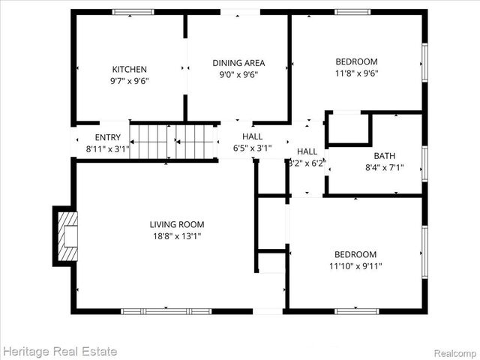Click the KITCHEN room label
click(x=130, y=69)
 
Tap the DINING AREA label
click(x=238, y=63)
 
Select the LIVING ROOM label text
click(x=177, y=224)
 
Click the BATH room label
click(x=385, y=156)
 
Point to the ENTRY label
click(x=107, y=137)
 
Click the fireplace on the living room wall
click(x=65, y=235)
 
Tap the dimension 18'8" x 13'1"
click(x=177, y=236)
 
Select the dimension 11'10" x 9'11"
click(x=355, y=266)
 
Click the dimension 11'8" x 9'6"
click(x=356, y=73)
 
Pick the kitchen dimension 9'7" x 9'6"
click(x=130, y=81)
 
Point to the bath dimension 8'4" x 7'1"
click(x=385, y=168)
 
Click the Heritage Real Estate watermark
click(x=60, y=350)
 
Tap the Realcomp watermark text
click(x=454, y=352)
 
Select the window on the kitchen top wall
click(x=133, y=12)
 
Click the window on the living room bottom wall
click(x=166, y=310)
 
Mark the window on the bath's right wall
click(x=424, y=163)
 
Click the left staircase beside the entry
click(x=148, y=142)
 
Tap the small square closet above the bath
click(x=349, y=128)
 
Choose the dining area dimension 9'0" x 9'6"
click(x=238, y=75)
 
